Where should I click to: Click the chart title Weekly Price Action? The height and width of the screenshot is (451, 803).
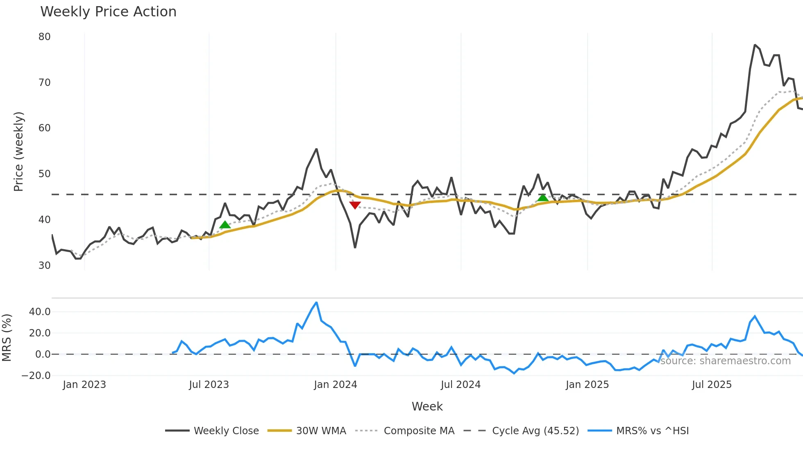[108, 12]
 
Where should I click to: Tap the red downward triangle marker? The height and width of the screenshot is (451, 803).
[355, 205]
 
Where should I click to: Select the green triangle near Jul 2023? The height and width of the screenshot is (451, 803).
[225, 225]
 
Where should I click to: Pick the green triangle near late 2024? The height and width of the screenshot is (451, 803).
[542, 198]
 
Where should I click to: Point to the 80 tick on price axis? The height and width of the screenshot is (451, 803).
[44, 37]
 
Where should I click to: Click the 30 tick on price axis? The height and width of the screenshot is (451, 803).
[44, 266]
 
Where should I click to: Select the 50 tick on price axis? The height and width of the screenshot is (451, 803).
[44, 174]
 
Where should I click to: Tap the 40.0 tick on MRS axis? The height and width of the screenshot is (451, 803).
[40, 312]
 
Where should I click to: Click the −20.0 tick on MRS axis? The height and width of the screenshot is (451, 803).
[36, 376]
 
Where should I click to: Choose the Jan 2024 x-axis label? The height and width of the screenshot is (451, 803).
[335, 385]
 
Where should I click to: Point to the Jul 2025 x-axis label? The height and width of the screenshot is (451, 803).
[711, 385]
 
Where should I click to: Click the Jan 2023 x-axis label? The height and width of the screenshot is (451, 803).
[84, 385]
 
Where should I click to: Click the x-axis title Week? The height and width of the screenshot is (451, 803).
[427, 406]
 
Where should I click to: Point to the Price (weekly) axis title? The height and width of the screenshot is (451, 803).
[18, 151]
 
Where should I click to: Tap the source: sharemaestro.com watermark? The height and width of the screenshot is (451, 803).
[725, 361]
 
